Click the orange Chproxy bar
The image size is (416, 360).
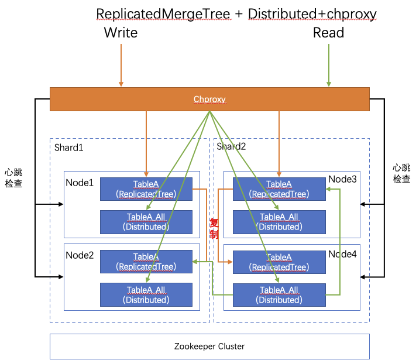tap(209, 99)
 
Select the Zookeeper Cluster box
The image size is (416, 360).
tap(209, 346)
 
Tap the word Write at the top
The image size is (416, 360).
tap(121, 32)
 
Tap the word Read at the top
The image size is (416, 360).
tap(328, 32)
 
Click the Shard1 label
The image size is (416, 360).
tap(68, 148)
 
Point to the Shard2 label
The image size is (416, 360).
tap(231, 146)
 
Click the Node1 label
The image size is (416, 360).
tap(80, 183)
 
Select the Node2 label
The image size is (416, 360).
tap(80, 255)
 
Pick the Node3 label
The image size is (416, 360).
tap(342, 179)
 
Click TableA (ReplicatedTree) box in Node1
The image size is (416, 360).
tap(146, 189)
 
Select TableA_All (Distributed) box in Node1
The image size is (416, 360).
tap(146, 222)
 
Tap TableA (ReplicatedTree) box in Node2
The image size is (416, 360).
tap(146, 262)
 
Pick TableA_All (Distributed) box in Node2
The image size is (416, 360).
tap(146, 295)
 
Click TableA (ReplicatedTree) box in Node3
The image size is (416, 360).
tap(279, 189)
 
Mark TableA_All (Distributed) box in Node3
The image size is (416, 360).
tap(279, 222)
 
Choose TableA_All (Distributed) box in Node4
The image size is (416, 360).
tap(279, 295)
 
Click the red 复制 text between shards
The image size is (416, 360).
tap(214, 228)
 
